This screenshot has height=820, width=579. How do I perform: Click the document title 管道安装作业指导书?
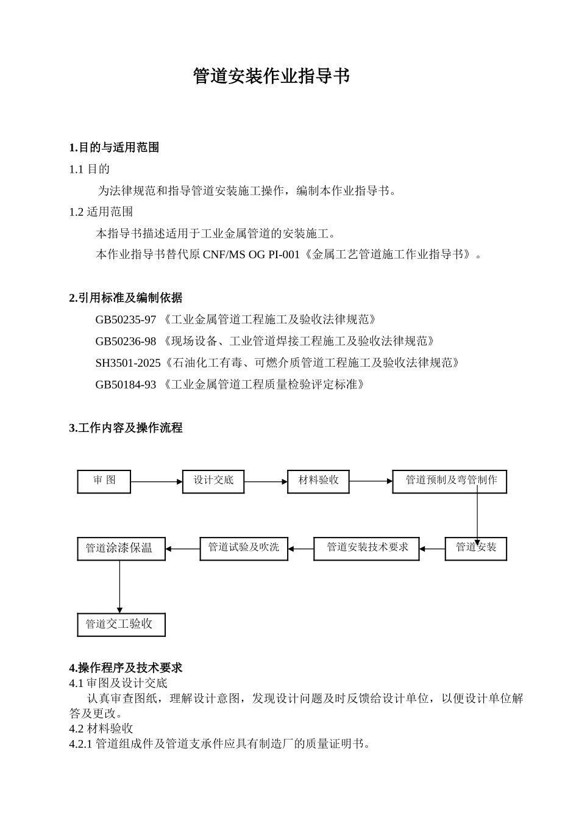click(x=271, y=76)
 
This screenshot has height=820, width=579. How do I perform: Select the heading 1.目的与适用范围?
click(x=114, y=148)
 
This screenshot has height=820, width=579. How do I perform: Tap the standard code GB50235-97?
click(x=126, y=320)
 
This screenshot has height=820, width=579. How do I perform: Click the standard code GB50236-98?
click(x=126, y=341)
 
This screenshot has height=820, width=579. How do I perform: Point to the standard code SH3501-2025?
click(x=128, y=363)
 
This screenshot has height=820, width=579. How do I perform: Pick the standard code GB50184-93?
click(x=126, y=384)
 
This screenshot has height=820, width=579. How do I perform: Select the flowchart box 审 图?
click(x=104, y=481)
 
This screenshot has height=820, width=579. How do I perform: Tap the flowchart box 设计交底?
click(x=213, y=481)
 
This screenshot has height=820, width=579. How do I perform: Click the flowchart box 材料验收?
click(x=318, y=481)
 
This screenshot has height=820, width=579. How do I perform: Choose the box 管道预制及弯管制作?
click(x=450, y=481)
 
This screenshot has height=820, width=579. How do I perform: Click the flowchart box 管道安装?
click(x=475, y=548)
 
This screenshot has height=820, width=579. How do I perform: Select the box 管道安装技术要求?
click(x=366, y=548)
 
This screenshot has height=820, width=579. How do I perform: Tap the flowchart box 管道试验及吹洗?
click(x=244, y=548)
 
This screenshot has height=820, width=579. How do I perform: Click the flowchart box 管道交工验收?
click(x=121, y=624)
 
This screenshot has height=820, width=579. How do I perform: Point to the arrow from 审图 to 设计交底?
click(x=157, y=482)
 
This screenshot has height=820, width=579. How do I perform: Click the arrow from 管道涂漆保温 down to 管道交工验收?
click(x=119, y=586)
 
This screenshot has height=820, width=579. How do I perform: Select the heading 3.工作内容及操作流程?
click(x=126, y=428)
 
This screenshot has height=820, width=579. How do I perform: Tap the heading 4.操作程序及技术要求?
click(x=126, y=667)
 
